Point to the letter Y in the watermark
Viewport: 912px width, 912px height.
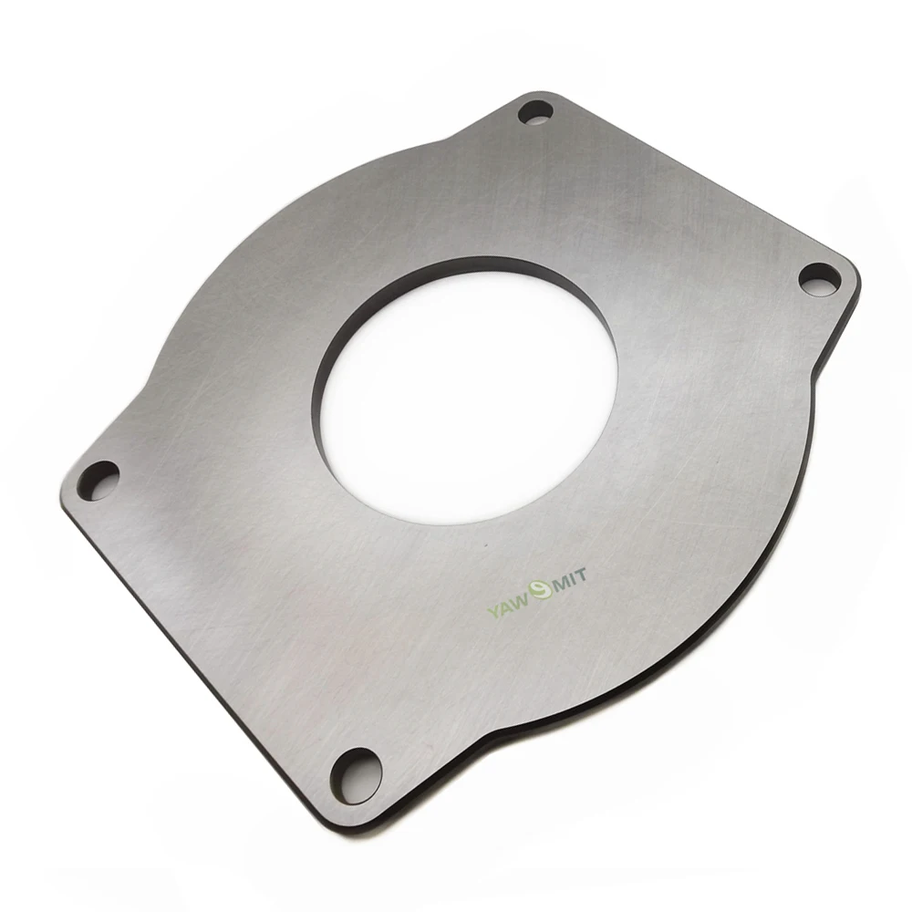[x=493, y=609]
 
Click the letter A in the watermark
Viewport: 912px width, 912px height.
[x=508, y=605]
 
